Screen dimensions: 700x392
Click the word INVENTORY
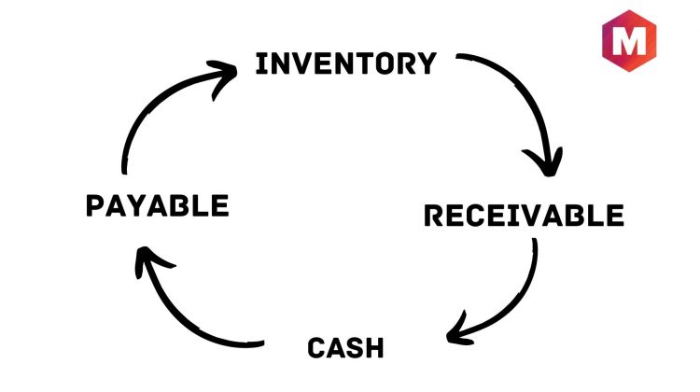345,63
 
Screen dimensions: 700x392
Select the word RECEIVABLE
524,216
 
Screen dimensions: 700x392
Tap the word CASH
345,348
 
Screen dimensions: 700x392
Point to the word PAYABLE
157,206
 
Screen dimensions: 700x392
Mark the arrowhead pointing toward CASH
457,331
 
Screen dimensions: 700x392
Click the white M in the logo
629,41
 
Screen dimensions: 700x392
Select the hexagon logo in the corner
629,41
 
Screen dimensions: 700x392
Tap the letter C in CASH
316,348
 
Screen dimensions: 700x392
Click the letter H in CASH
374,348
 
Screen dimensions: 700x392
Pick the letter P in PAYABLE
95,206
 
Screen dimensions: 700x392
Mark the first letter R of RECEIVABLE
433,216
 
